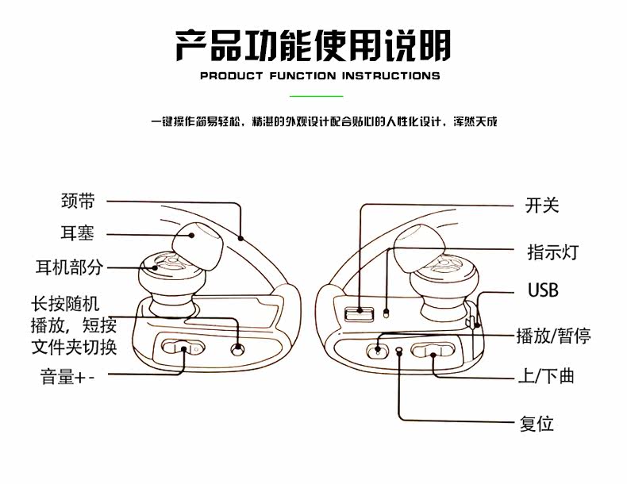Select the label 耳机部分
tap(69, 267)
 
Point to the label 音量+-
tap(67, 376)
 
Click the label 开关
tap(542, 206)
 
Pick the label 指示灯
tap(552, 252)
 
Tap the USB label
tap(543, 290)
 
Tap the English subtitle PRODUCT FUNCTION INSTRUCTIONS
tap(320, 76)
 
